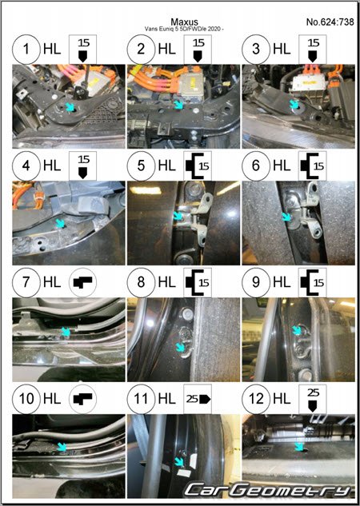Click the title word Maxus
[x=184, y=22]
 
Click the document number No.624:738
[x=330, y=22]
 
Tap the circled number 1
[x=26, y=50]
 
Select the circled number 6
[x=256, y=166]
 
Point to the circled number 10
[x=26, y=399]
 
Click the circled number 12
[x=256, y=399]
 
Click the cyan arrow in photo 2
[x=178, y=105]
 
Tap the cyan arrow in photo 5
[x=178, y=216]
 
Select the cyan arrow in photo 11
[x=178, y=462]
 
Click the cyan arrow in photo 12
[x=299, y=446]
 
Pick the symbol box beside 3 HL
[x=313, y=50]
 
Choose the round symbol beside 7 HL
[x=82, y=282]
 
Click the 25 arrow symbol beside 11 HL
[x=198, y=399]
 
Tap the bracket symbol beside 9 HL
[x=313, y=282]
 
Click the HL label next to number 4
[x=52, y=166]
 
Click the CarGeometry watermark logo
[x=268, y=490]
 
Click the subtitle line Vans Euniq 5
[x=184, y=29]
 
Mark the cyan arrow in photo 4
[x=60, y=223]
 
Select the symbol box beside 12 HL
[x=313, y=399]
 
